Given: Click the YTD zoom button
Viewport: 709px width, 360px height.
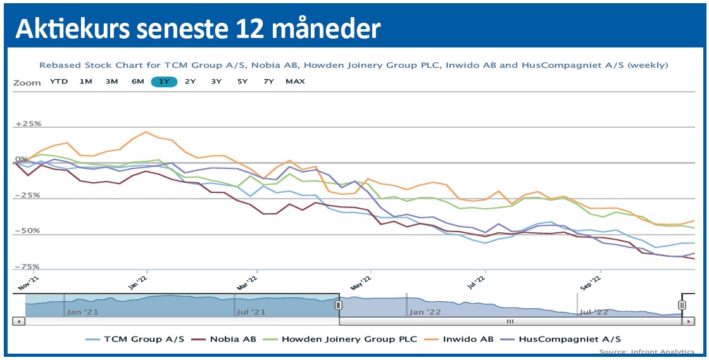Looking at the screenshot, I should coord(59,82).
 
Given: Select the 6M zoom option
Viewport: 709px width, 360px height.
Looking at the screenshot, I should coord(137,82).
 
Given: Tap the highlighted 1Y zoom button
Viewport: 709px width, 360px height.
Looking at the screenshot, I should coord(164,82).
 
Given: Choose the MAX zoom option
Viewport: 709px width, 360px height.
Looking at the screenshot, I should coord(295,82).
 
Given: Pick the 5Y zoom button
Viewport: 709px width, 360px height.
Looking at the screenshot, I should coord(242,82).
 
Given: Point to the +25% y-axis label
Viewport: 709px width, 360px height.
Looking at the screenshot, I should coord(28,123).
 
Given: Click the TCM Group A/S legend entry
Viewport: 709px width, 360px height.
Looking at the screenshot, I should coord(144,339).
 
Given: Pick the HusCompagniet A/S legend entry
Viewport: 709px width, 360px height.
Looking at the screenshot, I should coord(570,339).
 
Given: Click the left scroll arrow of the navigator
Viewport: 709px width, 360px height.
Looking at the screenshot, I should coord(18,321).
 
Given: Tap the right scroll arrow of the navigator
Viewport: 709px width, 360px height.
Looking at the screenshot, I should coord(687,321).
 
